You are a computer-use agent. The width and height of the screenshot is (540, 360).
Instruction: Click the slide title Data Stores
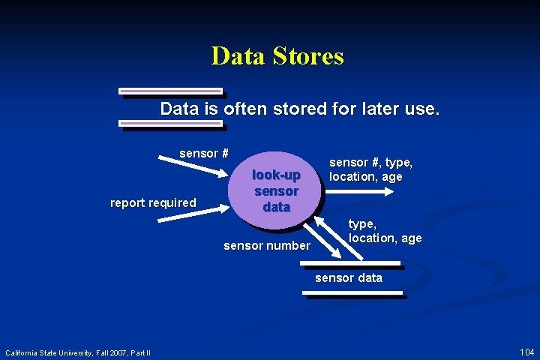(x=277, y=56)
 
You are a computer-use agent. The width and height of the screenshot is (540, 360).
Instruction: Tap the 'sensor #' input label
(x=204, y=153)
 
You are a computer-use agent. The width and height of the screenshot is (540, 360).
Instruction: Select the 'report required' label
(x=153, y=202)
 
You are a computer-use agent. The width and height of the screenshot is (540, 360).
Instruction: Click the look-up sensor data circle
(x=276, y=190)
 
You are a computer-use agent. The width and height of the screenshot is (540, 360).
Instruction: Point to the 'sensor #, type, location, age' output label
(x=370, y=169)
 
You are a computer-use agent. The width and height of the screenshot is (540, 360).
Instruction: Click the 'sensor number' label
(x=266, y=245)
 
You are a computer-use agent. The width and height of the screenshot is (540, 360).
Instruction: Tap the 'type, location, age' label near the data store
(x=385, y=231)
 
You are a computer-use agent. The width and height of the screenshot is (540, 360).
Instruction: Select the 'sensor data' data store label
(x=348, y=277)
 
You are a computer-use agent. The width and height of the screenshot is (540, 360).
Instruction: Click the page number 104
(x=526, y=352)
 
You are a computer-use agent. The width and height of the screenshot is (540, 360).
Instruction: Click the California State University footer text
(x=78, y=352)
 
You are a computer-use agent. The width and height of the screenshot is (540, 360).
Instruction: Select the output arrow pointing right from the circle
(x=360, y=192)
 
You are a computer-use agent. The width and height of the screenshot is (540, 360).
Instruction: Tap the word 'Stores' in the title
(x=310, y=56)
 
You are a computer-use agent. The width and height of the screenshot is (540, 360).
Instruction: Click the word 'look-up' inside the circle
(x=276, y=175)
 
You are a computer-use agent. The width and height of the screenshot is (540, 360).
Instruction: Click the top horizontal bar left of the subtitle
(x=172, y=91)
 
